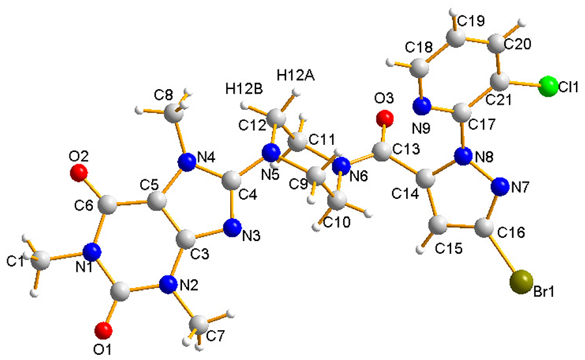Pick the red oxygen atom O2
click(x=79, y=172)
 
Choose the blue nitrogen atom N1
click(x=93, y=250)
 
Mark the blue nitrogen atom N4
click(x=189, y=159)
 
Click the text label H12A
click(x=296, y=75)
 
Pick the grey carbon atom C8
click(x=173, y=114)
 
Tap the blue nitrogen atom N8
click(x=463, y=156)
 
